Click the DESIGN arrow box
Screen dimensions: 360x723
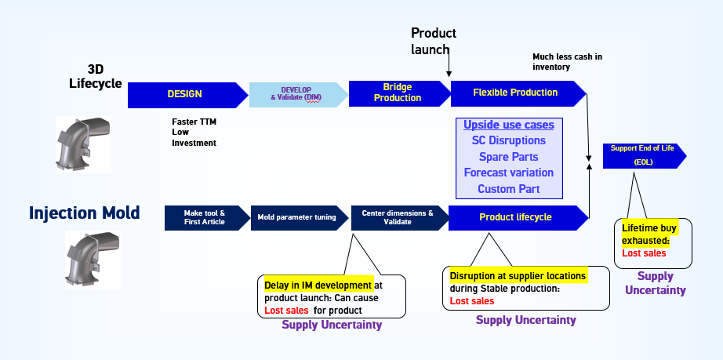pos(185,94)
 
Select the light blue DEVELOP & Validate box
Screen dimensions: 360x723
pos(296,94)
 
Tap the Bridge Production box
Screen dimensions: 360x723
pos(397,93)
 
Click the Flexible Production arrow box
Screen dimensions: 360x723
pos(516,93)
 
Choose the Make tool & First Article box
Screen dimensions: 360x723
pos(205,217)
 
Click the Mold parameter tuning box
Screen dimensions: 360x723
pos(296,217)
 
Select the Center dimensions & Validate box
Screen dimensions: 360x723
pos(397,217)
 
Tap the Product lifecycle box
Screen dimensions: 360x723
pos(515,217)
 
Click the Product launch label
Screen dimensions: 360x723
pos(433,41)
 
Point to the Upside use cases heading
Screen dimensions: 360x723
pos(508,125)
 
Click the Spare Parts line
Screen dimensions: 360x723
pos(508,157)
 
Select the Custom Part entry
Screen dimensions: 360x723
pos(508,189)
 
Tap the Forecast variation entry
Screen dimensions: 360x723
pos(508,173)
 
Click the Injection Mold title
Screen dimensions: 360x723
pos(84,213)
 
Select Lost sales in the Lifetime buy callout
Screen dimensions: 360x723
pos(644,253)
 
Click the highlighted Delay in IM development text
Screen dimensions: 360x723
pos(318,285)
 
